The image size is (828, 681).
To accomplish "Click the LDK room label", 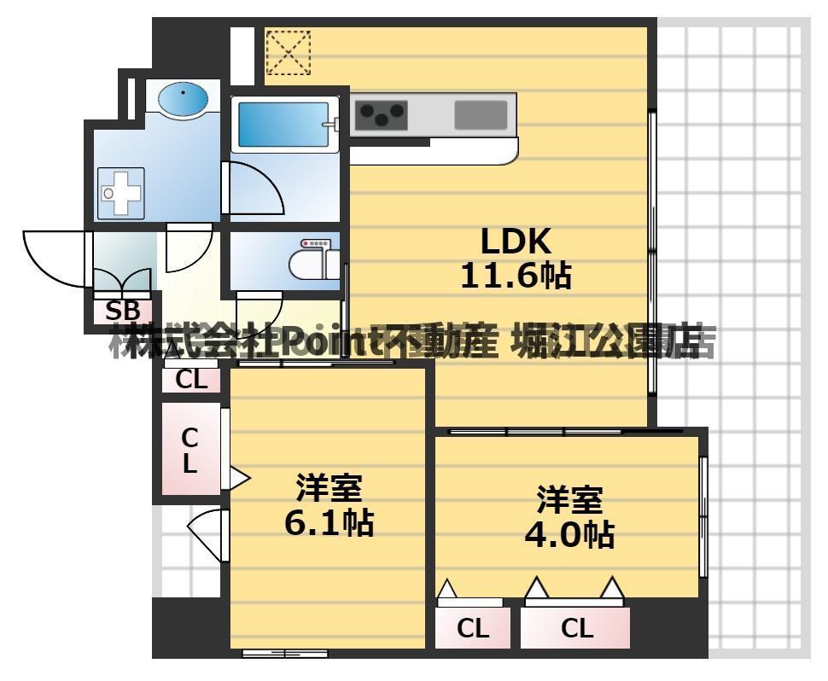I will coord(516,242).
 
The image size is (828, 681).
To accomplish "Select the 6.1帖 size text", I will coord(329,522).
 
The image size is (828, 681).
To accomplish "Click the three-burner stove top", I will coord(381,114).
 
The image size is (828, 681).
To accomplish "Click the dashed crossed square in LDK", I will coord(288,52).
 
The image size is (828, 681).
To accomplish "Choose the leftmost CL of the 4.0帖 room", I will coord(472,629).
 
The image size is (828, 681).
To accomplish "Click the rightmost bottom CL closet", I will coord(576,629).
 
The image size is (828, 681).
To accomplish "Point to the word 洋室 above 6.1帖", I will coord(329,489).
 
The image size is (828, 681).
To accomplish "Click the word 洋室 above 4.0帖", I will coord(569,498).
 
